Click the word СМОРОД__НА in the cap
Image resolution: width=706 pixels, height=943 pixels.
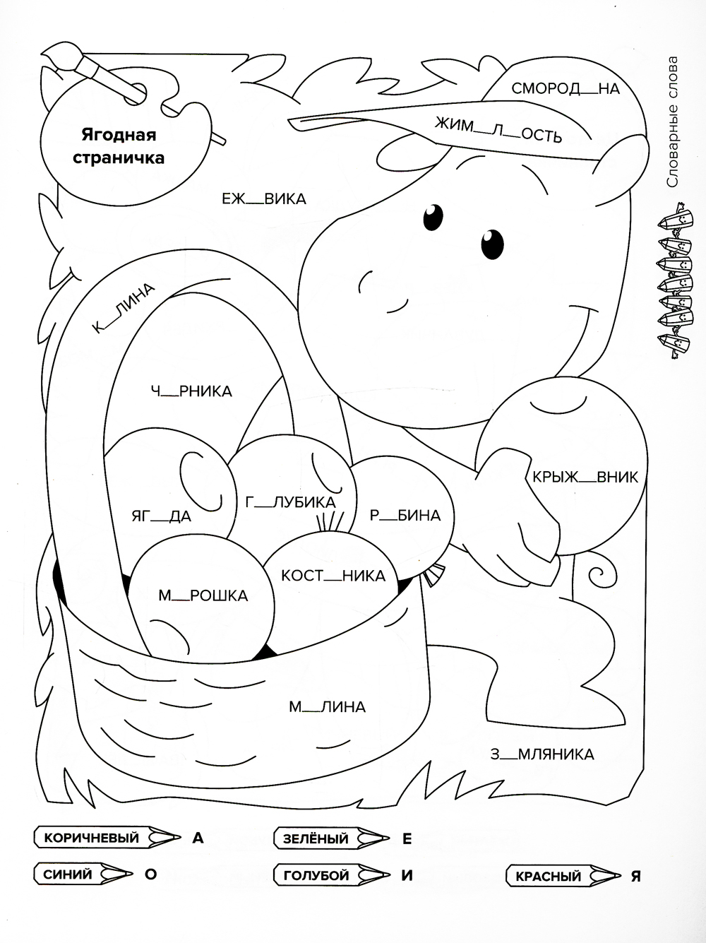click(566, 88)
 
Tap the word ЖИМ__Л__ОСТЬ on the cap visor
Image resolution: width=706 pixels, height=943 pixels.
click(498, 130)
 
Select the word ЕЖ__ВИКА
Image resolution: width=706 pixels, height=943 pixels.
click(264, 199)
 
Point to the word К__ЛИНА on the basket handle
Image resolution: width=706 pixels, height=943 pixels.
click(123, 307)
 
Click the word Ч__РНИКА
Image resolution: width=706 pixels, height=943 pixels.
click(191, 391)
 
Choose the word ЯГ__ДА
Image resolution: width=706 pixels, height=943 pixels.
click(162, 516)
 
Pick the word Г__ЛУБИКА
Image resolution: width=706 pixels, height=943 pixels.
click(291, 502)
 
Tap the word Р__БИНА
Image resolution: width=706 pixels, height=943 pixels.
click(405, 515)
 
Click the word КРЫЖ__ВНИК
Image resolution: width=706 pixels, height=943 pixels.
click(585, 477)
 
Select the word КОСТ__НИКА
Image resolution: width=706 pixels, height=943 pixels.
click(333, 576)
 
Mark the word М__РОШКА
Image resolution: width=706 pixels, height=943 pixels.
click(203, 595)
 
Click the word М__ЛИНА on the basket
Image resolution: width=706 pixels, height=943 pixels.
click(327, 706)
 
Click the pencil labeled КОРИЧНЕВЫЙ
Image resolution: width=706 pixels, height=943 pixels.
click(107, 838)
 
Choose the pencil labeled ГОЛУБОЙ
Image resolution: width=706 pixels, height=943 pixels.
click(333, 874)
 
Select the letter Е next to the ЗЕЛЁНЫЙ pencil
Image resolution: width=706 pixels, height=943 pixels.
click(407, 838)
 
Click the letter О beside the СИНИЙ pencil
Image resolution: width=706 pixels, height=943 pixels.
click(150, 874)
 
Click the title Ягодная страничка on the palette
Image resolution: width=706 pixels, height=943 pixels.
click(119, 146)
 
